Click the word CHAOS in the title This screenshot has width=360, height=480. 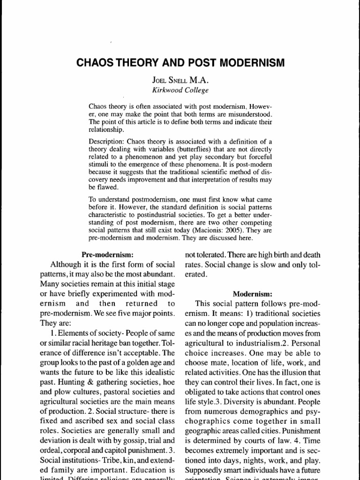coord(94,63)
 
